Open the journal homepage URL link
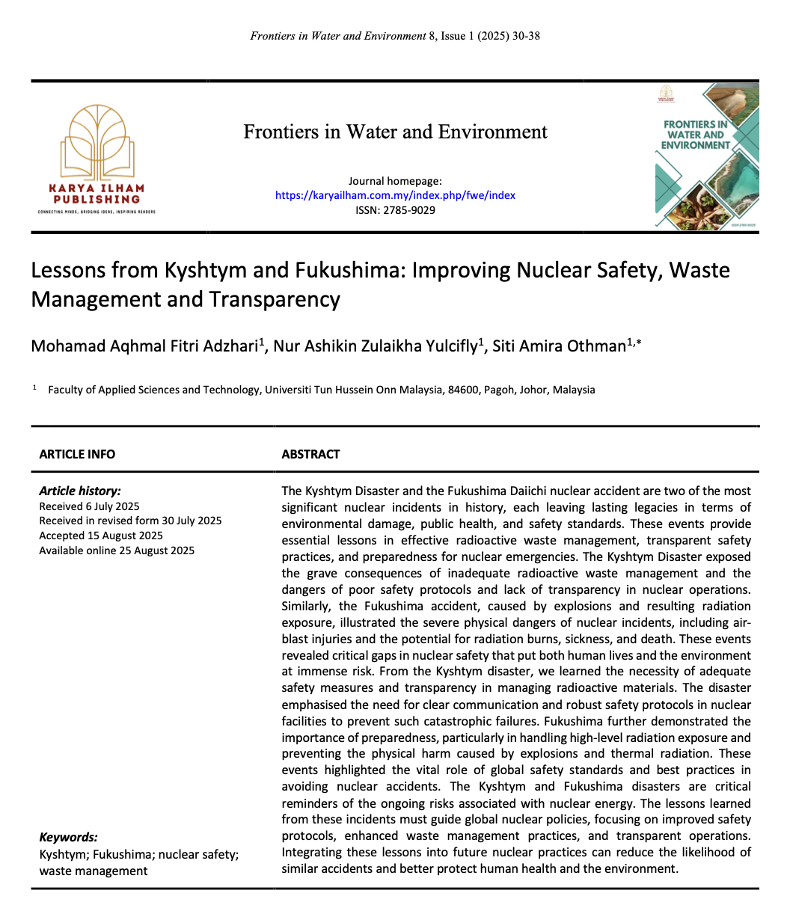395,195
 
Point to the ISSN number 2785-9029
410,210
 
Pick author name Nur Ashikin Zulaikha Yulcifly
376,346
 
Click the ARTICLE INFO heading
77,454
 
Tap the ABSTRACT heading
310,454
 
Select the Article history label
79,491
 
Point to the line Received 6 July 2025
89,506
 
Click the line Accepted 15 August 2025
101,536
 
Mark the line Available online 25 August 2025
117,550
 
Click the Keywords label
68,838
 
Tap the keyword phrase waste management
94,870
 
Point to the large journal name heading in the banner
395,132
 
